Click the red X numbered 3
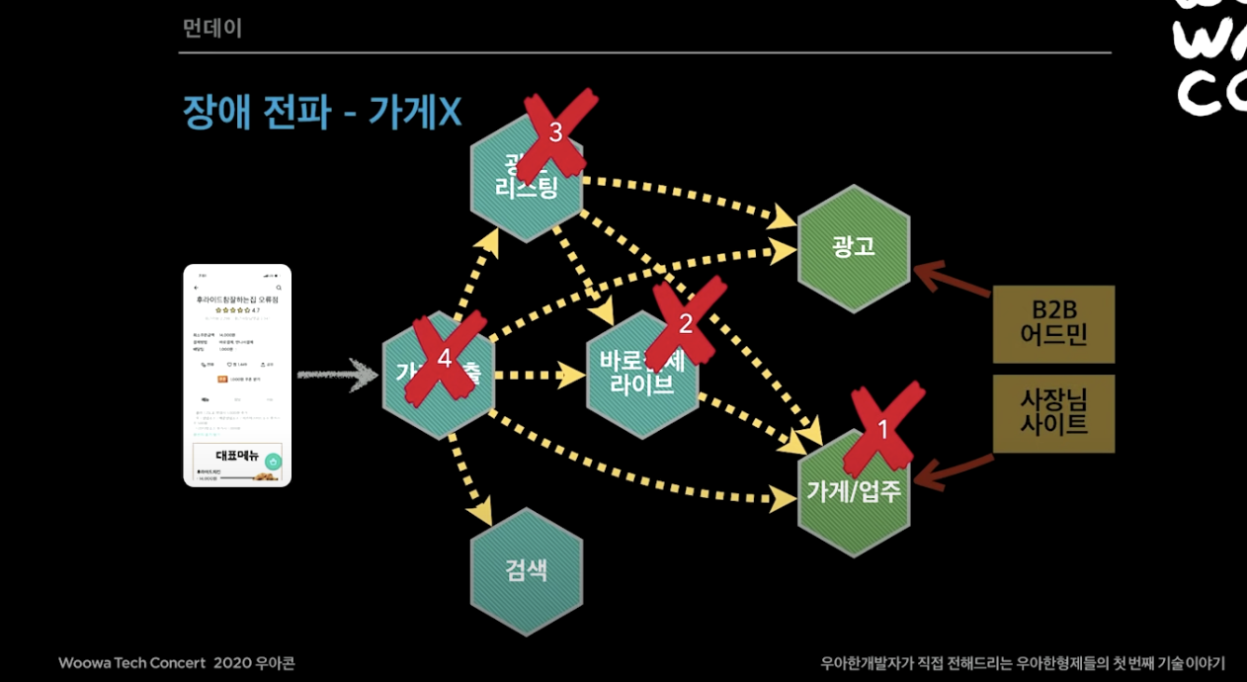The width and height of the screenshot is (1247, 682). pyautogui.click(x=556, y=130)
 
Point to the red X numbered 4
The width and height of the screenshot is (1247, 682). pyautogui.click(x=444, y=358)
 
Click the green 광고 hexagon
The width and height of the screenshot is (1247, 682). pyautogui.click(x=854, y=247)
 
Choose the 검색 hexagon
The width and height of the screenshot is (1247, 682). pyautogui.click(x=526, y=570)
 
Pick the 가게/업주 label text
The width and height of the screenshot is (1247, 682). pyautogui.click(x=854, y=491)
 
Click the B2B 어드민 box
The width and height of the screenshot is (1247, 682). pyautogui.click(x=1053, y=323)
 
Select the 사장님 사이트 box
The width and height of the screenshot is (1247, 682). pyautogui.click(x=1053, y=413)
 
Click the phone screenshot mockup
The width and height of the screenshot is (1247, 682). pyautogui.click(x=237, y=376)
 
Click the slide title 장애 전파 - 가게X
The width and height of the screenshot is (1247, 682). pyautogui.click(x=322, y=113)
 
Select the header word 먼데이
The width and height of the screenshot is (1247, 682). pyautogui.click(x=212, y=28)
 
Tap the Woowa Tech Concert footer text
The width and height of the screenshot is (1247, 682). pyautogui.click(x=131, y=662)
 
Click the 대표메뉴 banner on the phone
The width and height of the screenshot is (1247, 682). pyautogui.click(x=237, y=456)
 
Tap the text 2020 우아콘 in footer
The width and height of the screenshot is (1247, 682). pyautogui.click(x=254, y=662)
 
